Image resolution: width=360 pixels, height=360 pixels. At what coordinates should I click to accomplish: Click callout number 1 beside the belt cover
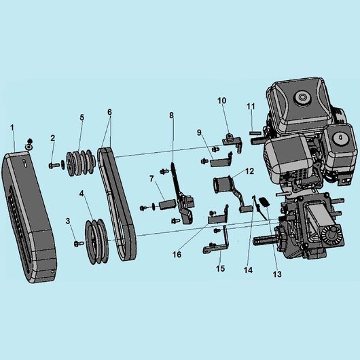pos(12,127)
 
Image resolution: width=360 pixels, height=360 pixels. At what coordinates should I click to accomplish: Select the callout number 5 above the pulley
pos(82,118)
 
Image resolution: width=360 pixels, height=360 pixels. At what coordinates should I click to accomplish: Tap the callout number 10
pos(221,101)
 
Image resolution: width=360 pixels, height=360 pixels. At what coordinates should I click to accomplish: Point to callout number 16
pos(177,255)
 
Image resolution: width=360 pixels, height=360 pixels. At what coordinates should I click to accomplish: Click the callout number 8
pos(172,116)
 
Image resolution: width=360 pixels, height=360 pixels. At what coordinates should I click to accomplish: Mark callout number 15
pos(219,269)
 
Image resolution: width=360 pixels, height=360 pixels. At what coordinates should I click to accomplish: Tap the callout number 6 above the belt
pos(109,111)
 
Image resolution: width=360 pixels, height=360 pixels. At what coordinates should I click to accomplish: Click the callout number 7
pos(152,179)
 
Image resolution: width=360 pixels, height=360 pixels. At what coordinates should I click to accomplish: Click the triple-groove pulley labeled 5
pos(79,162)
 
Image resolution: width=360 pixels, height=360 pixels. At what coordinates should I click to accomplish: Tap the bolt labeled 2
pos(54,164)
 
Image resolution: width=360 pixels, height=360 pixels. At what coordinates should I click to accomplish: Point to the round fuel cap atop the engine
pos(299,98)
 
